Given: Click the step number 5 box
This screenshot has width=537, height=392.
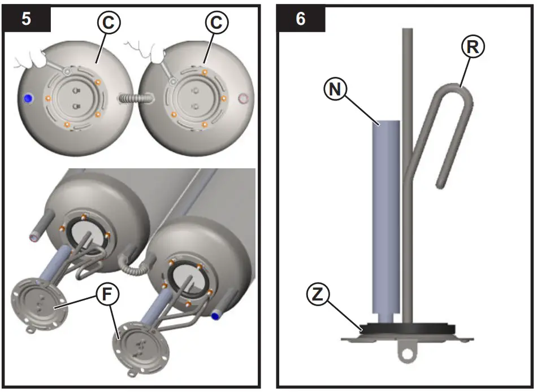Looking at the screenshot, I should pos(27,19).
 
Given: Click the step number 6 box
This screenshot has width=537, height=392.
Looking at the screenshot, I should pos(301,19).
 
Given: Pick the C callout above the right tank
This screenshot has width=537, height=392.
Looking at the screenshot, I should pos(218,23).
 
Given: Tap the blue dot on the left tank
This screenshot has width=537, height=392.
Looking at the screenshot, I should pos(27,98).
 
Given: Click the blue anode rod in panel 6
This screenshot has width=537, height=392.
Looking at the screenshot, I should pos(386,215).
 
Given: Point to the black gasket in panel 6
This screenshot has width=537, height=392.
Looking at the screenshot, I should pos(406,329).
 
